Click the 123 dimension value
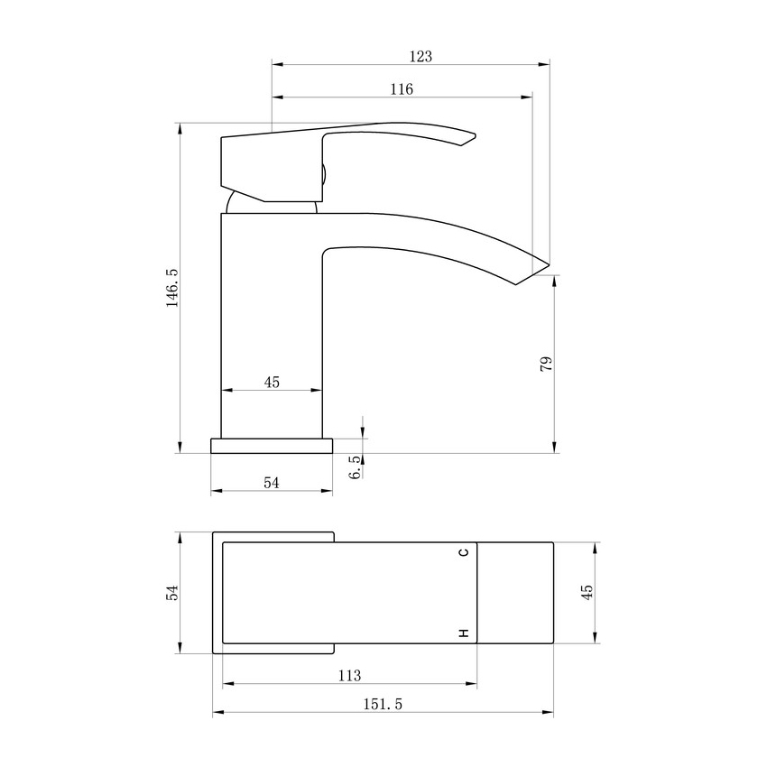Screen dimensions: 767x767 [420, 57]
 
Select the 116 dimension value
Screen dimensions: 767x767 [402, 89]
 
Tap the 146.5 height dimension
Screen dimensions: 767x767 [172, 288]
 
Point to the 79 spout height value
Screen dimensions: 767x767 [546, 364]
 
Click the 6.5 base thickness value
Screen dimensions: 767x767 [356, 467]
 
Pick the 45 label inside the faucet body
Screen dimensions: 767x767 [272, 382]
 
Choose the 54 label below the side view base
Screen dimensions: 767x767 [272, 483]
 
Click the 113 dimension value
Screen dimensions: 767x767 [349, 676]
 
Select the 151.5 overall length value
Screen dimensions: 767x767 [383, 704]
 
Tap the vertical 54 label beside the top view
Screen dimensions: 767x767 [172, 593]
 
